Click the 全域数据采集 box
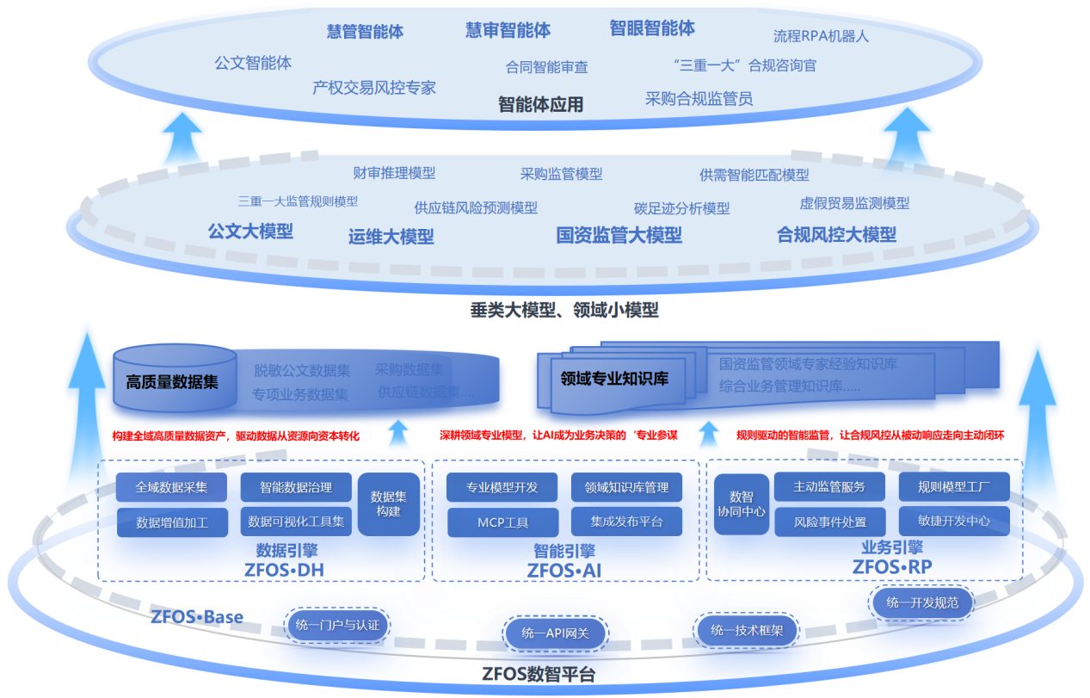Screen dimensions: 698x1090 tap(171, 487)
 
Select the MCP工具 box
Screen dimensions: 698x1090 tap(502, 522)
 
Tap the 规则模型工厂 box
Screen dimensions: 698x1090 tap(953, 487)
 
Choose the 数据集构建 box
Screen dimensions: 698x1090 tap(388, 503)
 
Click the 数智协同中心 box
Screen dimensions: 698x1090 tap(742, 503)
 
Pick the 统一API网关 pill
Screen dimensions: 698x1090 tap(555, 633)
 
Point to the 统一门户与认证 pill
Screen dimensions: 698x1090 tap(336, 624)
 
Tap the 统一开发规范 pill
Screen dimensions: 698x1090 tap(921, 602)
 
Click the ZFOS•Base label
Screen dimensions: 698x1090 tap(197, 617)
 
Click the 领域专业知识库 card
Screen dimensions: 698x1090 tap(614, 378)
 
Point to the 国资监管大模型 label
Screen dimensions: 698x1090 tap(619, 235)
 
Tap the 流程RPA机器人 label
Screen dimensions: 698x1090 tap(821, 36)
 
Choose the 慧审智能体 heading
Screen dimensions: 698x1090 tap(508, 30)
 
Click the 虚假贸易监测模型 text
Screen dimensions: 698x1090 tap(854, 203)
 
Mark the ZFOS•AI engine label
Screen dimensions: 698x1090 tap(563, 570)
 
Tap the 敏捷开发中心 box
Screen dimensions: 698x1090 tap(953, 521)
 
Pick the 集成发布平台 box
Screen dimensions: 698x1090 tap(626, 522)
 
